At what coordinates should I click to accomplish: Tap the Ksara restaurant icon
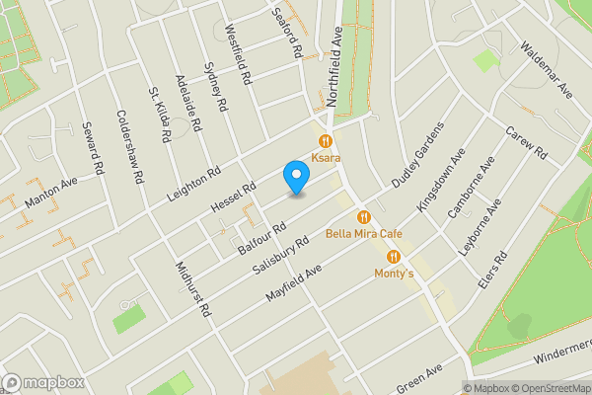tap(324, 141)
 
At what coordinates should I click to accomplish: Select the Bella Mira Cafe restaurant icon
tap(364, 217)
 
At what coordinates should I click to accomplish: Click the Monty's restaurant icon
tap(393, 257)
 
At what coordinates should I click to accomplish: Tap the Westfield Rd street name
tap(240, 52)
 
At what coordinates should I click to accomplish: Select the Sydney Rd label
tap(215, 86)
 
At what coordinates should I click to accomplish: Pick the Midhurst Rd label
tap(192, 289)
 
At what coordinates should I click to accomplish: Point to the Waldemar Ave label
tap(547, 70)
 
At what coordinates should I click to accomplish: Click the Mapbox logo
tap(43, 382)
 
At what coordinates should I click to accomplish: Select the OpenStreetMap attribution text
tap(544, 388)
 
